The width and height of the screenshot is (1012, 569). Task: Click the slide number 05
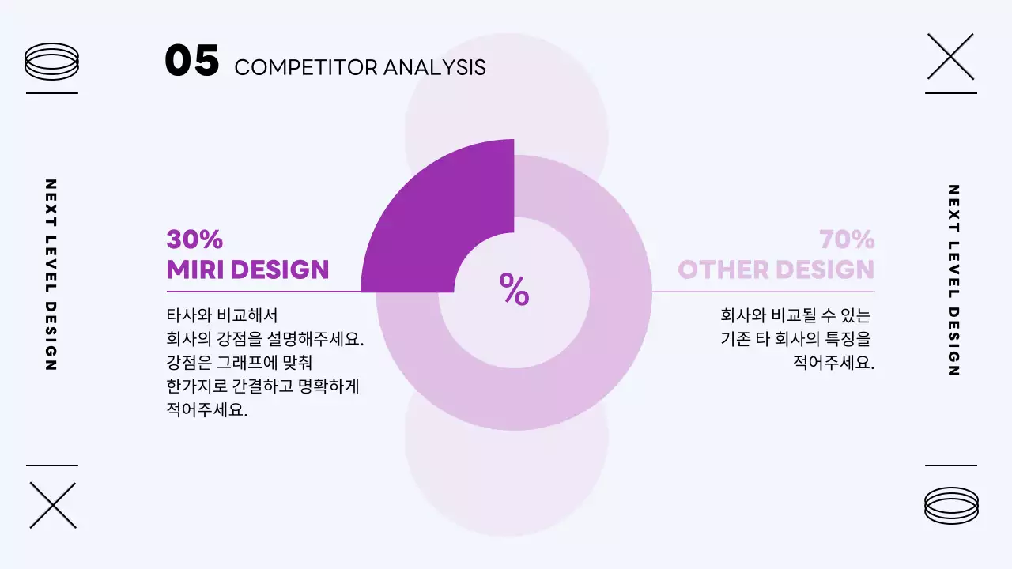[x=191, y=61]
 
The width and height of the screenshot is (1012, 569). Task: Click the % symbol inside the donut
[x=514, y=290]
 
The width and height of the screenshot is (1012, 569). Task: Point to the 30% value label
[x=194, y=239]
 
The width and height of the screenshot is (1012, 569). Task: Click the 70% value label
[x=847, y=239]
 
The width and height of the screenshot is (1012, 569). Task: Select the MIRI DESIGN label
[x=247, y=269]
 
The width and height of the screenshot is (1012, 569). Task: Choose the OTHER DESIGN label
[x=776, y=269]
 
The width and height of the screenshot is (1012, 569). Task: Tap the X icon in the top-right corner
[x=950, y=56]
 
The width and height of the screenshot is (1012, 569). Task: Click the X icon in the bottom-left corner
[x=53, y=505]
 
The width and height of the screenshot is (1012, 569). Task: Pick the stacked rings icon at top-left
[x=52, y=61]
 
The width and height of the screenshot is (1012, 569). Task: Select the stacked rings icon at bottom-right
[x=951, y=505]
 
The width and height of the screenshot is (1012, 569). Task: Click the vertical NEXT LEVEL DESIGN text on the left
[x=51, y=275]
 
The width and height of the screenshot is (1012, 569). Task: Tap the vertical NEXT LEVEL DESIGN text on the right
[x=953, y=281]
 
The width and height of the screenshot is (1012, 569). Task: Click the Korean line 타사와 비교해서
[x=222, y=315]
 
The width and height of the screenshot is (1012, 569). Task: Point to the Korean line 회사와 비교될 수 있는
[x=795, y=315]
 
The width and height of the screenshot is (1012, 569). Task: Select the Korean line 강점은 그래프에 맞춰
[x=240, y=363]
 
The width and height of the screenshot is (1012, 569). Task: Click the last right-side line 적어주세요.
[x=833, y=363]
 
